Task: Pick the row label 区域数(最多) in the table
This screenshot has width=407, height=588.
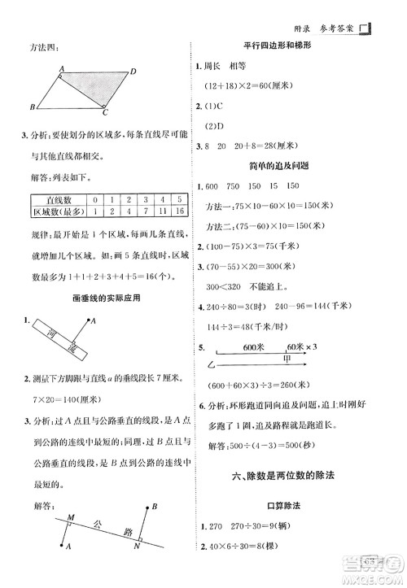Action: point(59,212)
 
